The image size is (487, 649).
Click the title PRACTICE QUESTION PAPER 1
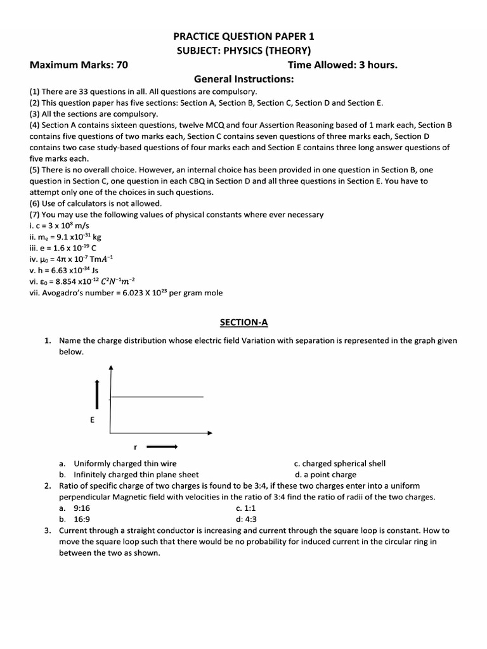(x=244, y=37)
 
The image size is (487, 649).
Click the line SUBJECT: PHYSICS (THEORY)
(x=244, y=51)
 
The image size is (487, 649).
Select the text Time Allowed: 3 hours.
(x=342, y=65)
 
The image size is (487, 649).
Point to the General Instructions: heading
(x=244, y=79)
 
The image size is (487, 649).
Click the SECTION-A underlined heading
(x=244, y=323)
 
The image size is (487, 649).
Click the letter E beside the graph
(x=93, y=420)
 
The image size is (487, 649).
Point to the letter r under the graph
(x=135, y=447)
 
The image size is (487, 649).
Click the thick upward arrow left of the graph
(x=96, y=395)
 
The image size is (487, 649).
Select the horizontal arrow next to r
(x=164, y=447)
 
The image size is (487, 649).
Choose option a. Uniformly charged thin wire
(x=118, y=464)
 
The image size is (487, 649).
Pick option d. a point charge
(x=325, y=474)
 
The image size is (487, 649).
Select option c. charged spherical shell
(x=340, y=464)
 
